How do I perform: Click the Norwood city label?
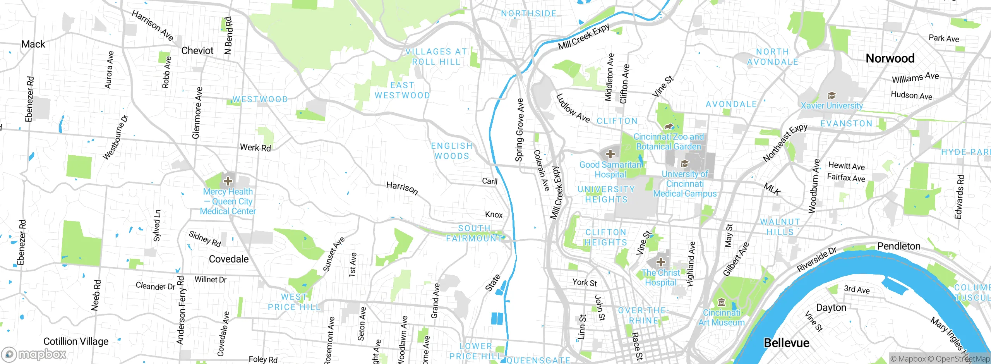[890, 58]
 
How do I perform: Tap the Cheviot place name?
[197, 51]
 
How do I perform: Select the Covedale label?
[228, 259]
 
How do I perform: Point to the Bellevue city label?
[786, 343]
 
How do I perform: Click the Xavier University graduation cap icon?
[831, 96]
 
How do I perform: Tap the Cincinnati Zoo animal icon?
[669, 127]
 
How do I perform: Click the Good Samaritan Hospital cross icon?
[610, 154]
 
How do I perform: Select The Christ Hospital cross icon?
[660, 263]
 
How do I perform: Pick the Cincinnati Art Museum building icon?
[721, 302]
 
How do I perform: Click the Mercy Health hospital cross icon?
[228, 181]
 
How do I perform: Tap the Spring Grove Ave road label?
[519, 130]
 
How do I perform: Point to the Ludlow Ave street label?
[573, 109]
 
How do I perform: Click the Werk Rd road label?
[255, 148]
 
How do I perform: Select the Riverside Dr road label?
[816, 259]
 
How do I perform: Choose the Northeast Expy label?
[785, 143]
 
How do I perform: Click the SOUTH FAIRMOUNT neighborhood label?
[474, 234]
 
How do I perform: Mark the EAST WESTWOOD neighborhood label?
[402, 90]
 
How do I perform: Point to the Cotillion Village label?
[76, 342]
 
